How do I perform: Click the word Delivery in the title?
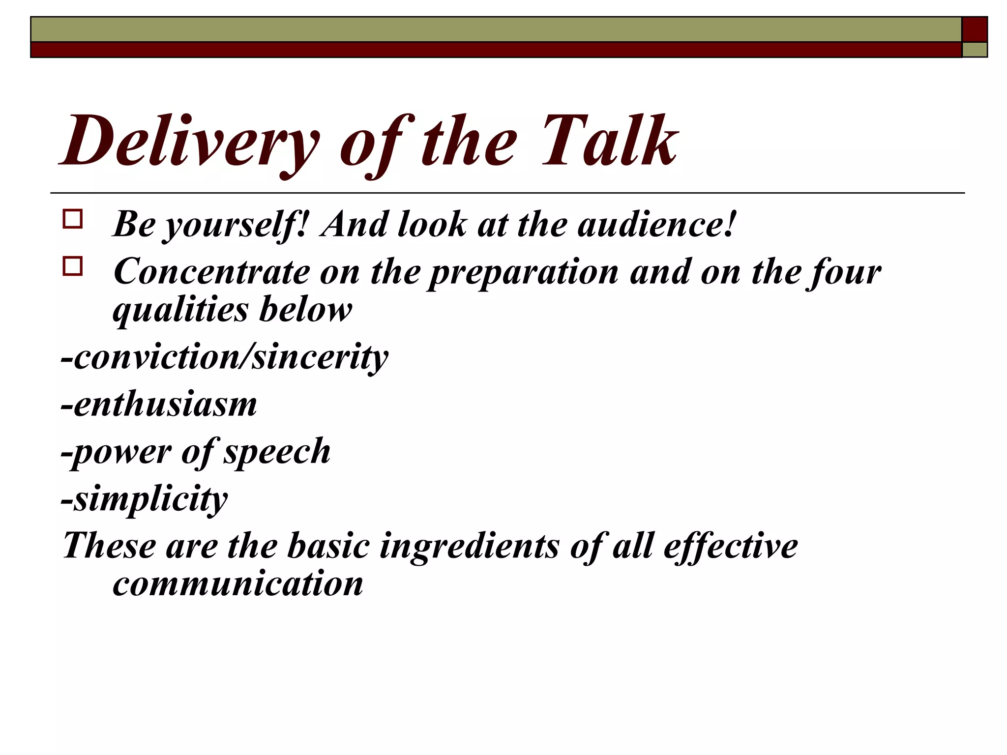coord(189,142)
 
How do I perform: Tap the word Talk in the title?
coord(610,142)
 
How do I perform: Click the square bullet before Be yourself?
coord(73,219)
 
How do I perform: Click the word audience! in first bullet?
coord(656,224)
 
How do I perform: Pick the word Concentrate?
coord(211,271)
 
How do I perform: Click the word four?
coord(843,272)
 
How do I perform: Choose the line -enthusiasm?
coord(159,404)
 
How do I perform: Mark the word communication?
coord(238,584)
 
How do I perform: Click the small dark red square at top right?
coord(975,29)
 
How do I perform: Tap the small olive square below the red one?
coord(975,50)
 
